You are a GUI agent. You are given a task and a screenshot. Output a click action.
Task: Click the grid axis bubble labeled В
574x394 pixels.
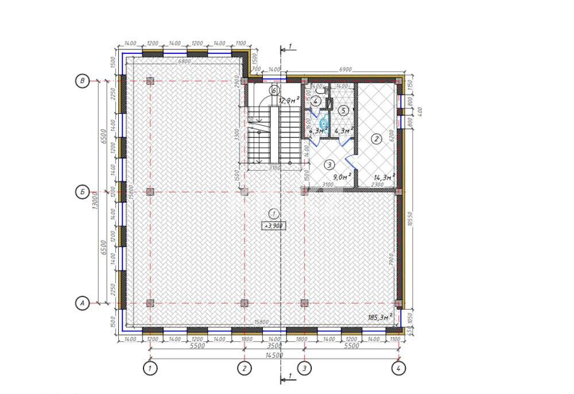click(83, 82)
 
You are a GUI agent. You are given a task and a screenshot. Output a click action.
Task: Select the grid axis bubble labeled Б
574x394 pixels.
click(83, 192)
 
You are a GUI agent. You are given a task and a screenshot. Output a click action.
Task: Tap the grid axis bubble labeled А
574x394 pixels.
click(83, 303)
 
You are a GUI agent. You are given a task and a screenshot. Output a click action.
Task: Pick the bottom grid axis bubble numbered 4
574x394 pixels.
click(398, 369)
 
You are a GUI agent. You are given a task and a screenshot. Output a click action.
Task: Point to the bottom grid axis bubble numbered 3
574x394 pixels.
click(304, 369)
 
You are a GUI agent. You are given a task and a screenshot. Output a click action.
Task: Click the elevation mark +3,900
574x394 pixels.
click(273, 226)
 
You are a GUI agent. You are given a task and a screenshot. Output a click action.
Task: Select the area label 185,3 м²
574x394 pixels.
click(379, 316)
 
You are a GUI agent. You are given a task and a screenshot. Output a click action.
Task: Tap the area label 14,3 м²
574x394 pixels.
click(385, 177)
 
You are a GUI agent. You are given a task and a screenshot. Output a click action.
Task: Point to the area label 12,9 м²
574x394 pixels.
click(289, 101)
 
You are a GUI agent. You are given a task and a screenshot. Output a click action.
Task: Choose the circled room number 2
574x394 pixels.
click(377, 138)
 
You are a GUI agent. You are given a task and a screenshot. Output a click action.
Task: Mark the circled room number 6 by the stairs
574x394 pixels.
click(274, 90)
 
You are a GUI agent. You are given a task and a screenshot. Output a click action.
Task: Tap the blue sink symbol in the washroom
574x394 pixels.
click(323, 123)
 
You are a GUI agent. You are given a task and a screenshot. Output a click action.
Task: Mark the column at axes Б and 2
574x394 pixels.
click(244, 192)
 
